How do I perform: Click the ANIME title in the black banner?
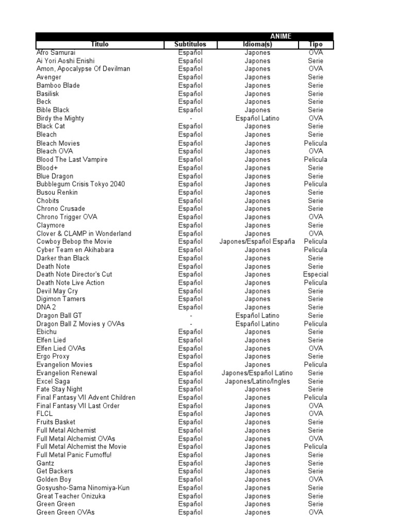coord(280,36)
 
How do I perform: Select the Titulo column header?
coord(100,44)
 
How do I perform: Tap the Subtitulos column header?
coord(190,44)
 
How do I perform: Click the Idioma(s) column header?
coord(257,44)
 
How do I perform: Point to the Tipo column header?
coord(316,44)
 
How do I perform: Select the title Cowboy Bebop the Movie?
coord(74,242)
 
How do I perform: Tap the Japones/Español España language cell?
coord(257,242)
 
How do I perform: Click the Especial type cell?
coord(316,274)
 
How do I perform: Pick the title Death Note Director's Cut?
coord(74,274)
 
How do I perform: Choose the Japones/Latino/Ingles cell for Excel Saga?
coord(257,381)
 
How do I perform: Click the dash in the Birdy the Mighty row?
coord(191,118)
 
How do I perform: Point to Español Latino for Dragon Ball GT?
coord(257,316)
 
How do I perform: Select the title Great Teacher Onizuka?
coord(71,496)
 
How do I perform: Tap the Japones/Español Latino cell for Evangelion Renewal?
coord(257,373)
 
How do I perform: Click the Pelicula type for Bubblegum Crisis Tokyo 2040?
coord(316,184)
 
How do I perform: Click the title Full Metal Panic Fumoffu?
coord(74,455)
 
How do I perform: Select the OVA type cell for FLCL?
coord(316,414)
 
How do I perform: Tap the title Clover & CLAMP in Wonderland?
coord(84,234)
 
